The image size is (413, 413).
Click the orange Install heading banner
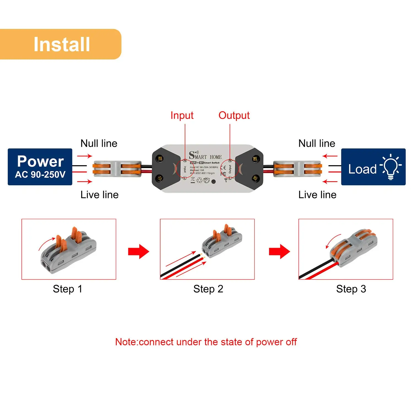coord(61,44)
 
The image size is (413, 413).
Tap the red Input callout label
coord(182,115)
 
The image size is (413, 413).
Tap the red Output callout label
coord(234,115)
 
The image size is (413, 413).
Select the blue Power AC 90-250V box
coord(40,167)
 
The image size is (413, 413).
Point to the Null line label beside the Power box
coord(99,143)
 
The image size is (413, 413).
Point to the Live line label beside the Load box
coord(317,195)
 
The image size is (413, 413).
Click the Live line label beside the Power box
coord(99,195)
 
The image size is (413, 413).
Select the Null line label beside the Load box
coord(317,143)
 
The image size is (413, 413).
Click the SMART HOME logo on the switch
coord(205,156)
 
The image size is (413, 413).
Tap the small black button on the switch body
coord(213,181)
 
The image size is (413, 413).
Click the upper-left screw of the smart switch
coord(160,158)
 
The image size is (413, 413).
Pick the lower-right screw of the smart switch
coord(256,178)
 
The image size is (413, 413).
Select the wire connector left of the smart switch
coord(117,169)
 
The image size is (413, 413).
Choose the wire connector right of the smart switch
coord(297,169)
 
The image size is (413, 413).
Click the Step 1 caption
coord(67,289)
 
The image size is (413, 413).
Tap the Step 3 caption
coord(351,289)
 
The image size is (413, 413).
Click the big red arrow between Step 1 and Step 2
coord(138,251)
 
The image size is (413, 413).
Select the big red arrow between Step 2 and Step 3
coord(279,251)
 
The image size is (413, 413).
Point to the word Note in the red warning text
coord(126,342)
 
